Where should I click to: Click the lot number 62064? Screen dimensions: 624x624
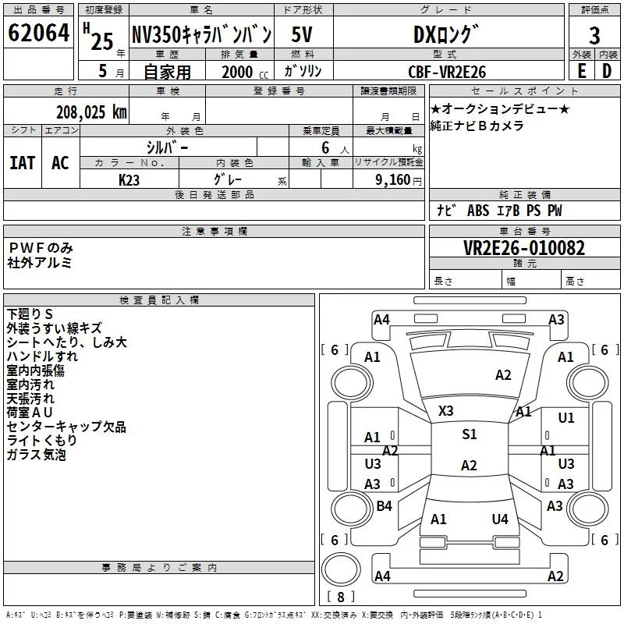click(x=38, y=32)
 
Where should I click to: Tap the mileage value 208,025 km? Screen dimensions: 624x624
click(x=91, y=112)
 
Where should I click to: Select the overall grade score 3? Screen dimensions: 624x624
click(x=594, y=36)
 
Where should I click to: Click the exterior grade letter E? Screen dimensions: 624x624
click(x=581, y=71)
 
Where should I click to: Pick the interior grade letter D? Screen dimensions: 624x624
click(x=607, y=71)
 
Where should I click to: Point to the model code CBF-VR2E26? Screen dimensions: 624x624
click(x=447, y=72)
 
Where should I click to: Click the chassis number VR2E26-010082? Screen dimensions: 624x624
click(x=524, y=248)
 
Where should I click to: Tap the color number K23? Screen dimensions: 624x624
click(x=129, y=180)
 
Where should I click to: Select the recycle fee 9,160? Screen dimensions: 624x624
click(x=393, y=180)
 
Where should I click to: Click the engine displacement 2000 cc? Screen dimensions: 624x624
click(x=245, y=72)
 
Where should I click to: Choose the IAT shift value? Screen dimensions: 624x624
click(x=23, y=163)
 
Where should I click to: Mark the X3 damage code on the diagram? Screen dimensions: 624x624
click(x=445, y=411)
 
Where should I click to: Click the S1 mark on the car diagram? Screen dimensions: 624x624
click(x=470, y=434)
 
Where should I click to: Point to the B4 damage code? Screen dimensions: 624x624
click(x=384, y=505)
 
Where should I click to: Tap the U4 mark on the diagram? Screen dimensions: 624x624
click(x=500, y=519)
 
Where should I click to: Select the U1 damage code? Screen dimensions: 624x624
click(x=566, y=417)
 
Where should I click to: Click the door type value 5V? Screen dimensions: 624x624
click(x=302, y=34)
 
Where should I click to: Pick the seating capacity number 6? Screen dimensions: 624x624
click(x=325, y=147)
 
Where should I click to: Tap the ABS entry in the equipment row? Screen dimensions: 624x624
click(x=478, y=211)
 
